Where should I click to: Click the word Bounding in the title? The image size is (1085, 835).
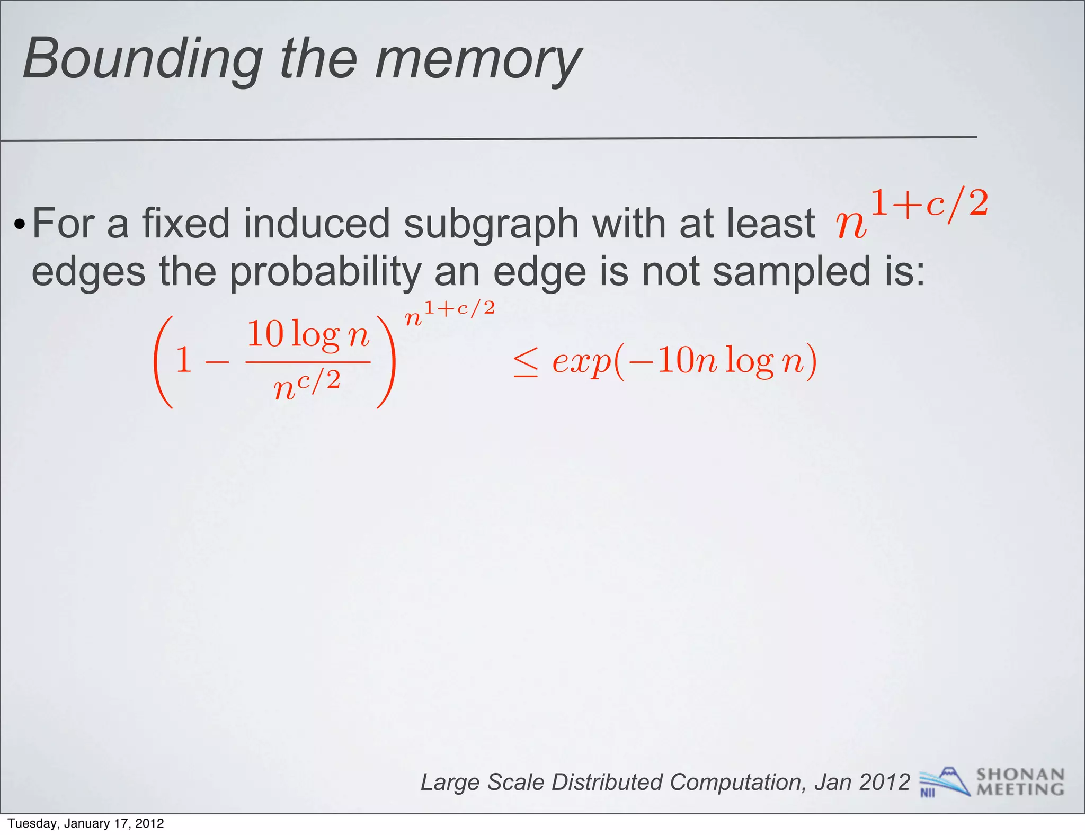click(143, 59)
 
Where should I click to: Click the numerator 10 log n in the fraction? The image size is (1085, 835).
click(308, 335)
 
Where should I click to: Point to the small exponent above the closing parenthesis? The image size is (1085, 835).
click(450, 313)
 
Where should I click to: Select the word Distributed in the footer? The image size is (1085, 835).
click(607, 782)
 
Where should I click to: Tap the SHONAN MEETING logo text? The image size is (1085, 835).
click(1020, 782)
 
